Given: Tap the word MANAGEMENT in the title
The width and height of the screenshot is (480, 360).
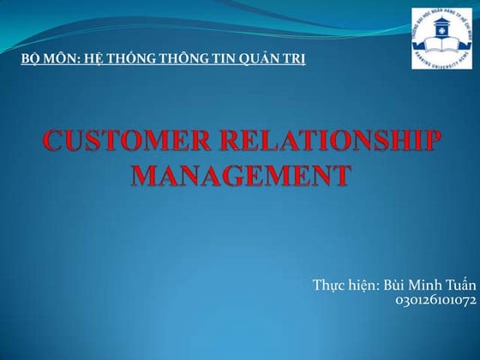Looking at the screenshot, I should [x=241, y=176].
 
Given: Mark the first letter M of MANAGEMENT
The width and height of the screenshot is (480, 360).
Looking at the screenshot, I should [x=147, y=176].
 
